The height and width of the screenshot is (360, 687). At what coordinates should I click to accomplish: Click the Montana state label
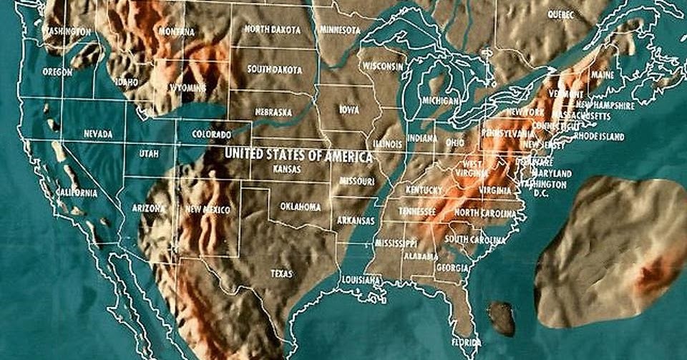pyautogui.click(x=177, y=32)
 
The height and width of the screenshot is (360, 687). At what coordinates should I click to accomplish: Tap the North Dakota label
pyautogui.click(x=272, y=29)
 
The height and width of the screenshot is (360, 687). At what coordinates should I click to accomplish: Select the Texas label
pyautogui.click(x=281, y=273)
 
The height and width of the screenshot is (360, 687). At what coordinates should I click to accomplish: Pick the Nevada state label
pyautogui.click(x=97, y=134)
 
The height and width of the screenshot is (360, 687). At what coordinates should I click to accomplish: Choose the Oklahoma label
pyautogui.click(x=300, y=207)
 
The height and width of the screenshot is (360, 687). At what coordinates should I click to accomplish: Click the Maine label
pyautogui.click(x=603, y=74)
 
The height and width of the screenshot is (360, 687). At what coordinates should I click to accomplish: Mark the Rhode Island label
pyautogui.click(x=599, y=137)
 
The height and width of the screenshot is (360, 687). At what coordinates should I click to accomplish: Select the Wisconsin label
pyautogui.click(x=383, y=66)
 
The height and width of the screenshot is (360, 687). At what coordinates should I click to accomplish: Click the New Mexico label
pyautogui.click(x=208, y=210)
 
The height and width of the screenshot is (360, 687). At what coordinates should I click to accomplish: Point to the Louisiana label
pyautogui.click(x=361, y=280)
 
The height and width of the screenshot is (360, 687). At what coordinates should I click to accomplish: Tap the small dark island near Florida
pyautogui.click(x=502, y=318)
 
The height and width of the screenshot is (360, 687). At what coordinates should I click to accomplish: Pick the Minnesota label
pyautogui.click(x=340, y=30)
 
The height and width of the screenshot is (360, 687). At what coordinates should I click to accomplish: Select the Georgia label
pyautogui.click(x=452, y=268)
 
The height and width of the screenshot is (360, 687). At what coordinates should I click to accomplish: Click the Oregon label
pyautogui.click(x=57, y=72)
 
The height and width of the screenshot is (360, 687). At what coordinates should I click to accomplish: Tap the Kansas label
pyautogui.click(x=287, y=170)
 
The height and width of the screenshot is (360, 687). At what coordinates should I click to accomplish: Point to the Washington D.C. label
pyautogui.click(x=544, y=188)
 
